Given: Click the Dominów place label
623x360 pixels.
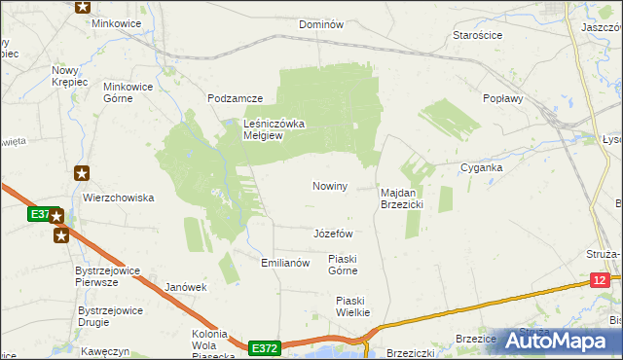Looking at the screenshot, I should click(x=321, y=24).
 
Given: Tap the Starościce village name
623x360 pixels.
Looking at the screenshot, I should click(x=478, y=35).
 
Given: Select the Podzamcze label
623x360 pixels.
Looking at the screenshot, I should click(x=236, y=99).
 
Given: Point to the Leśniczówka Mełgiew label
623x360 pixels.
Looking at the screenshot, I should click(x=275, y=129).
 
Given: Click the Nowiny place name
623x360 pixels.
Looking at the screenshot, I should click(x=330, y=186).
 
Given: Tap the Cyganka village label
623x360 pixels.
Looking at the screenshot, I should click(x=482, y=167).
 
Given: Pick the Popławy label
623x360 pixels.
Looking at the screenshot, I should click(x=503, y=98).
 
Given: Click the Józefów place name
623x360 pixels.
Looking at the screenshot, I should click(x=333, y=234).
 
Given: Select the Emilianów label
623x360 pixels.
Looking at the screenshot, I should click(x=285, y=263).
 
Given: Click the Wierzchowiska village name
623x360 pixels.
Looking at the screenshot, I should click(x=119, y=198).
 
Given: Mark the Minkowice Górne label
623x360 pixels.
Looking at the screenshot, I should click(x=128, y=92).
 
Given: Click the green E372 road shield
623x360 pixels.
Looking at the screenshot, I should click(x=264, y=346).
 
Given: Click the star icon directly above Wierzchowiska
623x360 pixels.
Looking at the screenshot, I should click(x=83, y=173).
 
